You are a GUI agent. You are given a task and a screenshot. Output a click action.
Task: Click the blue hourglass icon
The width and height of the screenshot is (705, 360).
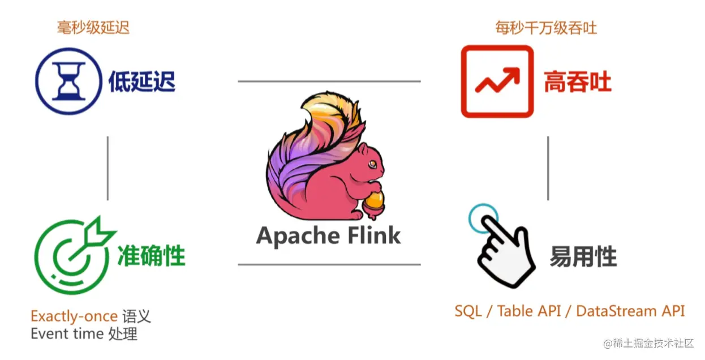click(x=68, y=82)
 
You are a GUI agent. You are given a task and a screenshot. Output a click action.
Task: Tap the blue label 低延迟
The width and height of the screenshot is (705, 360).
click(x=142, y=82)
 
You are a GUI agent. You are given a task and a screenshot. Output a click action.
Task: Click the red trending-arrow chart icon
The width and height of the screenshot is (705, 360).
click(x=497, y=82)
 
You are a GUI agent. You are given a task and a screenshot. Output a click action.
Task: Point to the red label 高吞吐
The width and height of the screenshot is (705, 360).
click(x=578, y=82)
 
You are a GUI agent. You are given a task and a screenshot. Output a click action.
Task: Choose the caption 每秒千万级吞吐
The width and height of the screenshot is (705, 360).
click(x=546, y=27)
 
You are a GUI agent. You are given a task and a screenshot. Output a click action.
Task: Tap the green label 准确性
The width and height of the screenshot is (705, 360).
click(x=151, y=256)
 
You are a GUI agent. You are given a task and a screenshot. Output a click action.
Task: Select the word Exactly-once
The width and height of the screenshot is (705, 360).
click(x=74, y=316)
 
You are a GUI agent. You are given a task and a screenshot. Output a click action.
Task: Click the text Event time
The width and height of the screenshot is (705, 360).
click(x=67, y=334)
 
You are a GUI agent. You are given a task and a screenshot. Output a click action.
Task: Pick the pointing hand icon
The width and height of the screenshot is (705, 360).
click(x=501, y=249)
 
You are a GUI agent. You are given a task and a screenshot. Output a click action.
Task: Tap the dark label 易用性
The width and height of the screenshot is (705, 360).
click(x=583, y=258)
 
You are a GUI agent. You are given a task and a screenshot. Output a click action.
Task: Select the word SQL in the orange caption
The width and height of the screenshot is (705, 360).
click(x=467, y=311)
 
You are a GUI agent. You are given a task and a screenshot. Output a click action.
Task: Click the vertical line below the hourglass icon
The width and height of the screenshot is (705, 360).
click(x=108, y=168)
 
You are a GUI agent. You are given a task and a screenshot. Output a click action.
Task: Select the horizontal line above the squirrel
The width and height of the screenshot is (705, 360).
click(x=329, y=82)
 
